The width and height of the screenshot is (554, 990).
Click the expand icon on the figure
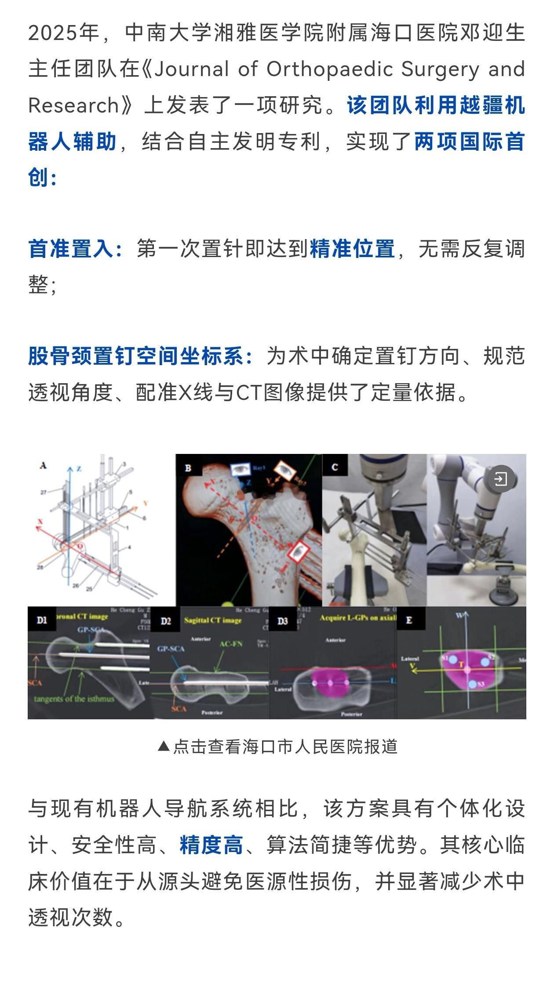(x=501, y=479)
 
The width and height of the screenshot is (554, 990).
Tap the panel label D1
(x=42, y=620)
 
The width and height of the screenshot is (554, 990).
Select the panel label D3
(x=283, y=621)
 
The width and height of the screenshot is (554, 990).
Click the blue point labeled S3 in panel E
(x=472, y=684)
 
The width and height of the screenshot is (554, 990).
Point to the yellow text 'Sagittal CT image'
(x=213, y=620)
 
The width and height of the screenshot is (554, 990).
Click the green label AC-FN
(x=231, y=644)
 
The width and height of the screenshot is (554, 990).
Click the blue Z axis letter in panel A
(x=79, y=469)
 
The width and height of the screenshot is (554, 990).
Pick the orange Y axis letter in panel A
(x=146, y=503)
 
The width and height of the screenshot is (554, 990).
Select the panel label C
(x=335, y=467)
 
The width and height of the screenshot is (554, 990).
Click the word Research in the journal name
(x=73, y=105)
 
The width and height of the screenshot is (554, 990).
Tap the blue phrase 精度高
(x=211, y=845)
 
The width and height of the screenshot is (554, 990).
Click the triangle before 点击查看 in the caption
(x=164, y=746)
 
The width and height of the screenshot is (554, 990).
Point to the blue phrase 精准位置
(x=353, y=249)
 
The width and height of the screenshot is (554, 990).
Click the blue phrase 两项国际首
(x=470, y=142)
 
